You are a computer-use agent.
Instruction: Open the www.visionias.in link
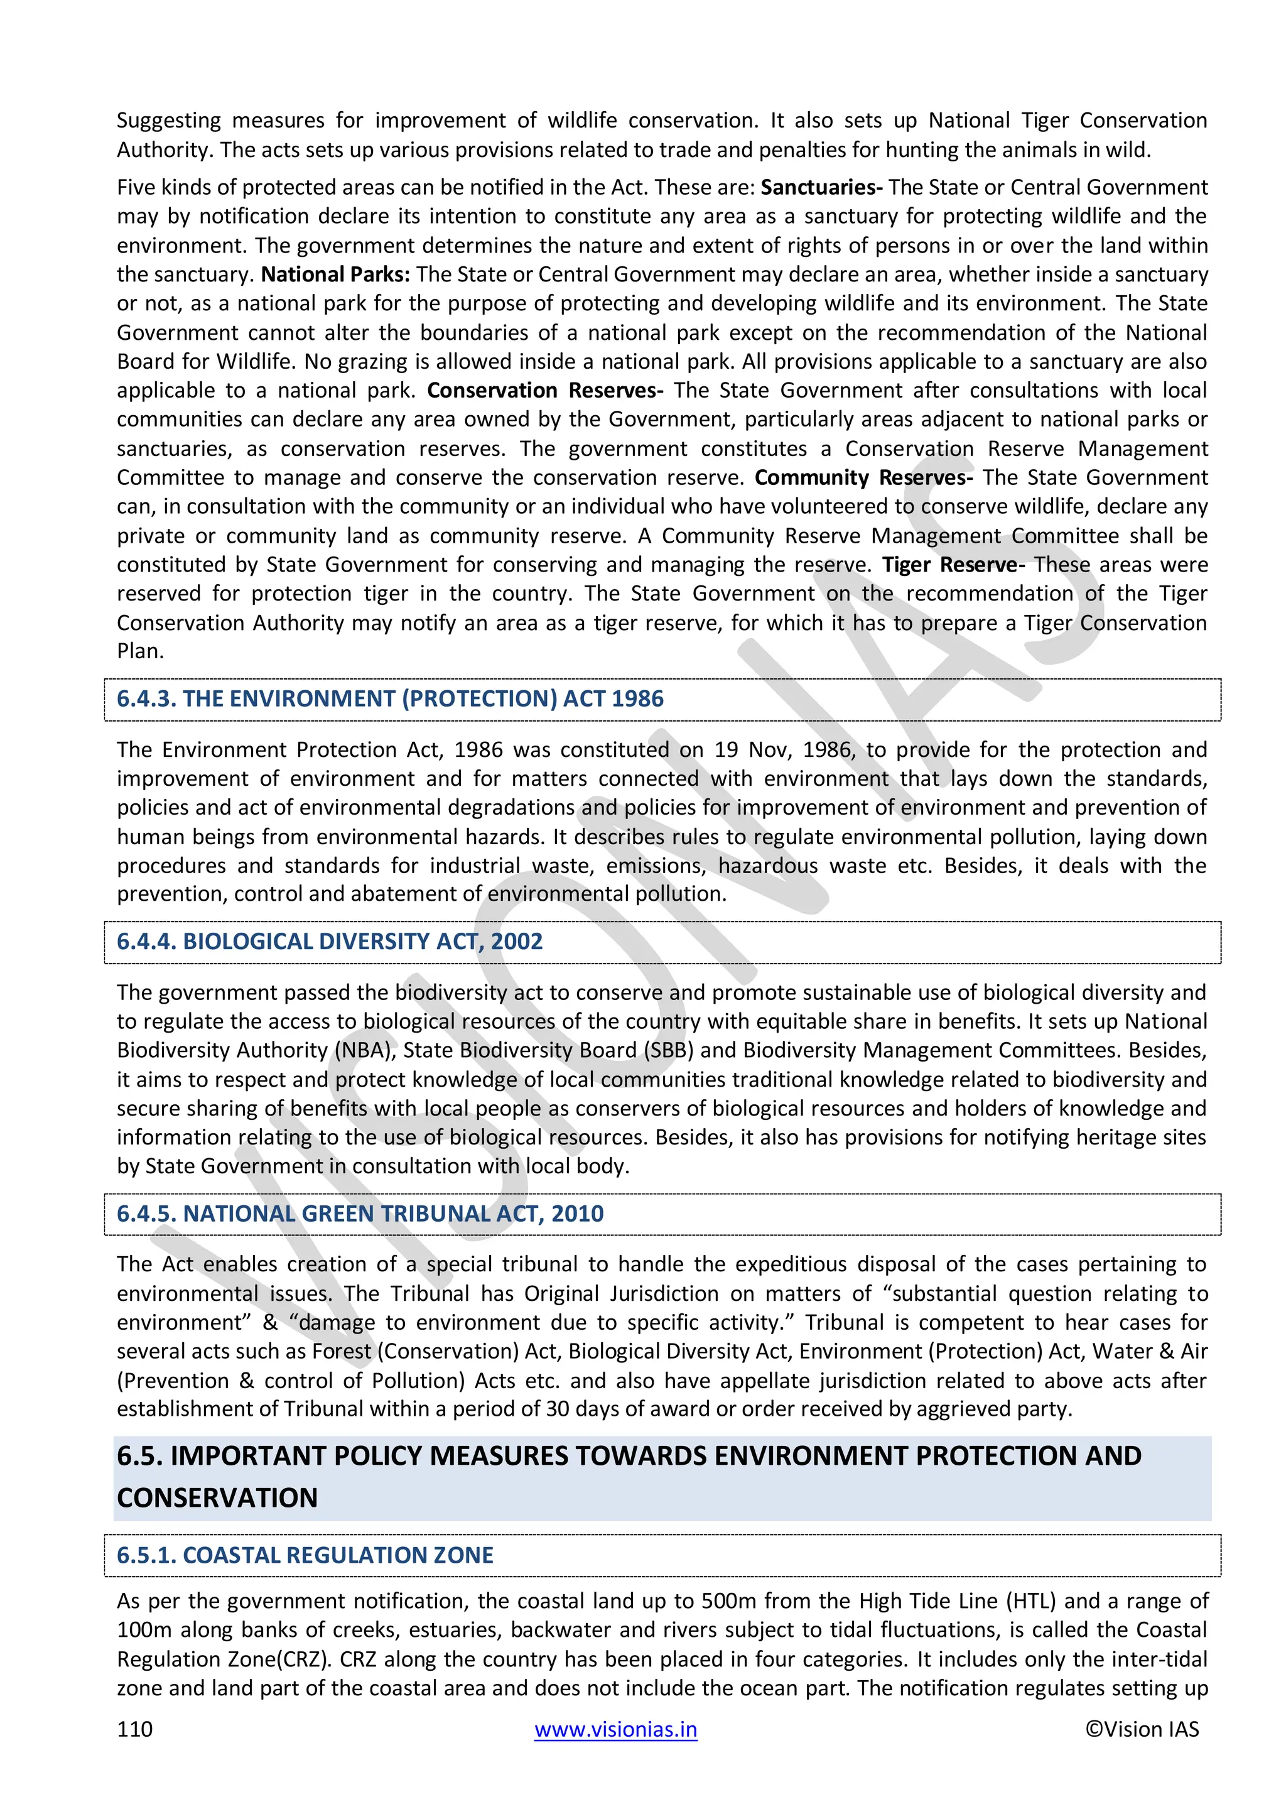(615, 1729)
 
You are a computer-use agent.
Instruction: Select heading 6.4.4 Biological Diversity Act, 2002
(330, 941)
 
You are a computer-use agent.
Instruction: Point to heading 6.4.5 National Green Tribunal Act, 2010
(360, 1214)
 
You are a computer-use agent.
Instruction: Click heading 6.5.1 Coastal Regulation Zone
(305, 1555)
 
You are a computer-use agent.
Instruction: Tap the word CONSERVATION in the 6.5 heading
(217, 1497)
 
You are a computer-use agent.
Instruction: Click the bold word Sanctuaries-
(821, 187)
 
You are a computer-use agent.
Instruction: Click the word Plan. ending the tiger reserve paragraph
(140, 651)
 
